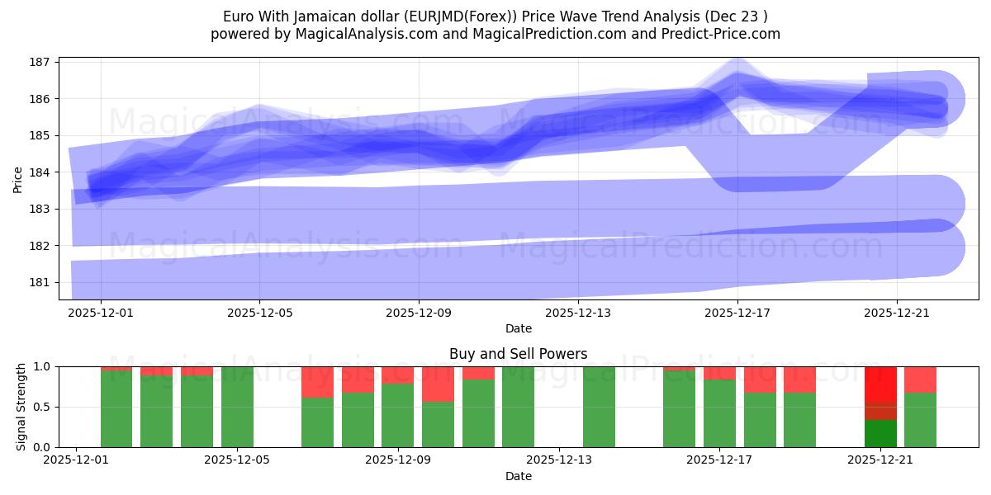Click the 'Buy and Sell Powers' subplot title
click(518, 354)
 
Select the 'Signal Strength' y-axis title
click(21, 407)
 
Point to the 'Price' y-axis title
click(18, 178)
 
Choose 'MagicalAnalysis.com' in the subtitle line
click(367, 34)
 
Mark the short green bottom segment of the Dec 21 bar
click(880, 434)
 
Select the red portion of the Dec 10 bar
click(438, 384)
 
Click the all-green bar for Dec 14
click(599, 407)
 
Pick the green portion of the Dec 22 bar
click(920, 420)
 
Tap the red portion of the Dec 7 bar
click(317, 382)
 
